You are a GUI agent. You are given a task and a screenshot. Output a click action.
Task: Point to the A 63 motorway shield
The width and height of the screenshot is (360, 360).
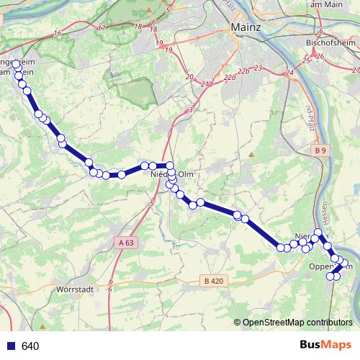pos(125,243)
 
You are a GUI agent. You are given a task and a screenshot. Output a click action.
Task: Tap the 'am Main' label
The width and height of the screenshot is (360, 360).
pos(323,4)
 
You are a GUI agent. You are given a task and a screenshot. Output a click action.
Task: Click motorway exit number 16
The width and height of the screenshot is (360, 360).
pos(56,33)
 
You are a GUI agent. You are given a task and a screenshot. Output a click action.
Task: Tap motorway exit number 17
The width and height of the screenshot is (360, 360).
pos(101,28)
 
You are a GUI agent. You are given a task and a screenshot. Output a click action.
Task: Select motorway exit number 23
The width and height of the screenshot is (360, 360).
pos(258,67)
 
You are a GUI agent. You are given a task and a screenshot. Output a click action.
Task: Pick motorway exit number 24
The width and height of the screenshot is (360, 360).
pos(289,73)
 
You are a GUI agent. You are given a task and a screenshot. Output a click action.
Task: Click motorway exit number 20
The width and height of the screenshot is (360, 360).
pos(189,77)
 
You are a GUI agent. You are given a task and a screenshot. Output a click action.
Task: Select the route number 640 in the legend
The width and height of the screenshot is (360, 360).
pos(30,346)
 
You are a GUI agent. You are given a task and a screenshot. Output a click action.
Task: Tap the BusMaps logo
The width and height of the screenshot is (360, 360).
pos(325,345)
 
